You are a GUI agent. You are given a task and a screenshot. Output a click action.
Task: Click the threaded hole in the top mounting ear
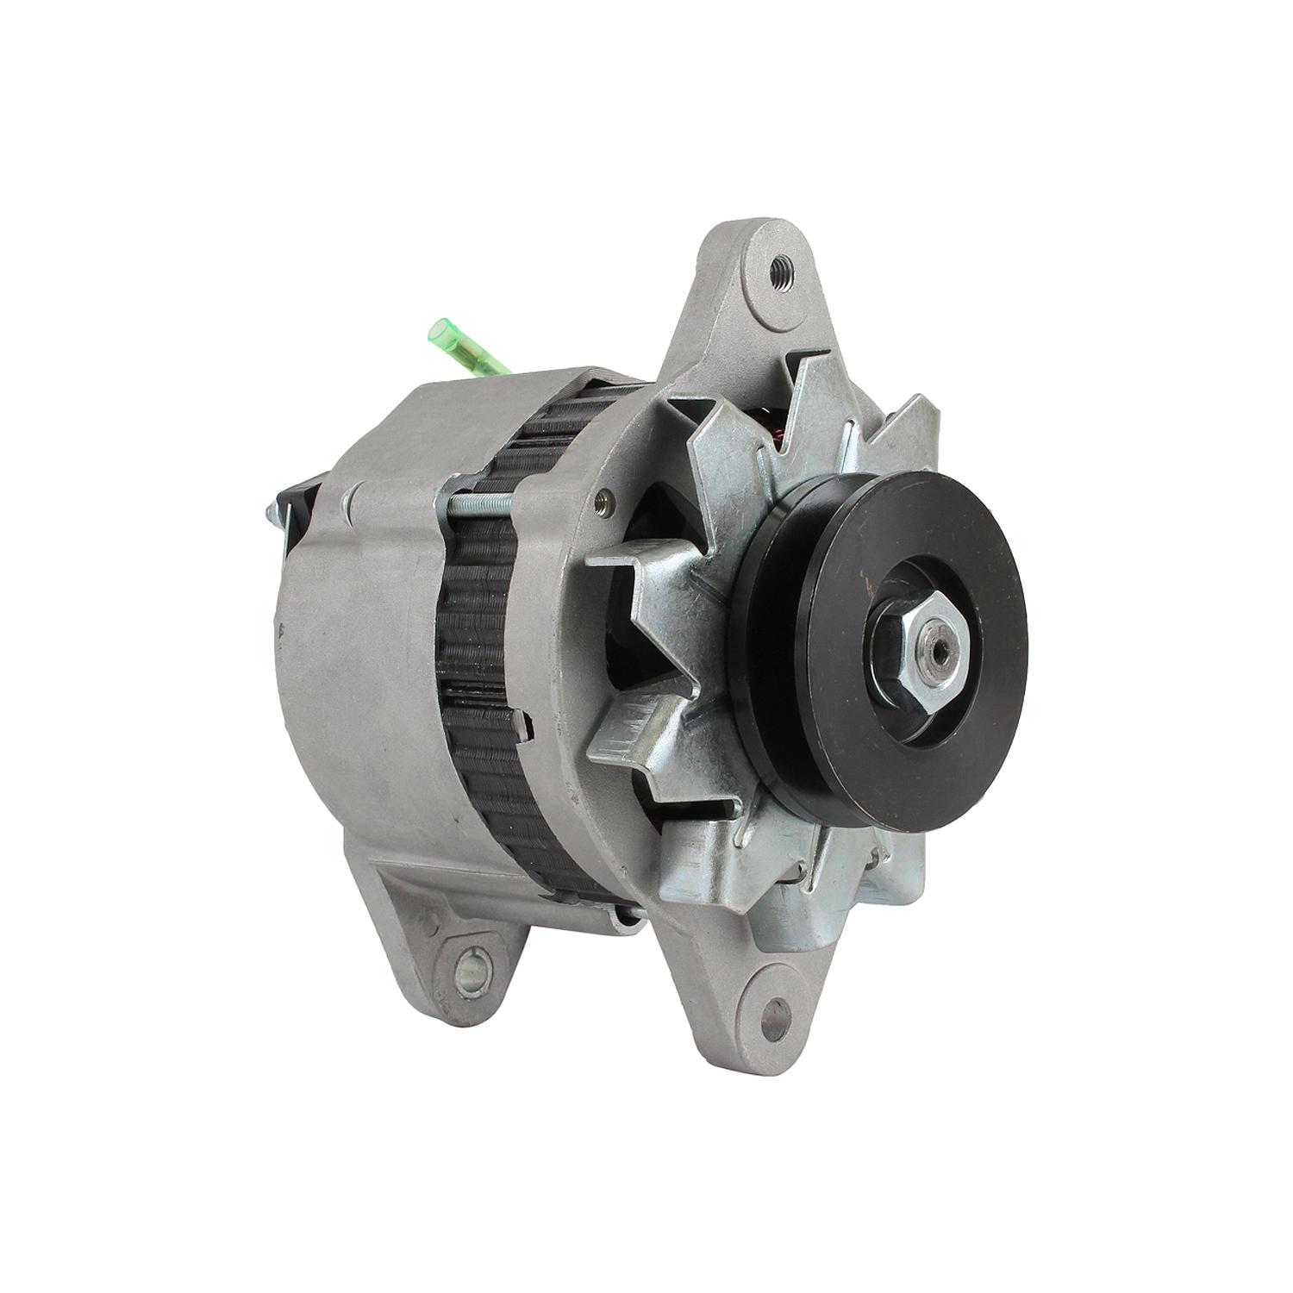point(781,264)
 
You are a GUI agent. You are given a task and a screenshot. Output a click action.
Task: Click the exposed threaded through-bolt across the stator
point(483,501)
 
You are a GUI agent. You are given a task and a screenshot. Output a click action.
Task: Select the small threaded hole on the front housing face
point(610,497)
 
